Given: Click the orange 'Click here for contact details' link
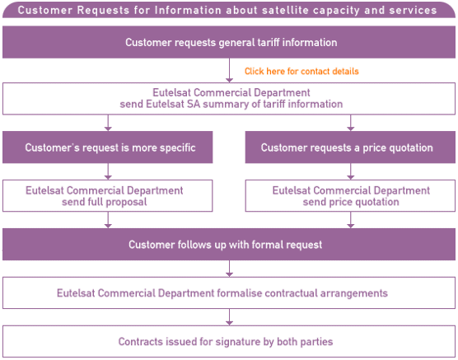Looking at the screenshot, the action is pyautogui.click(x=301, y=72).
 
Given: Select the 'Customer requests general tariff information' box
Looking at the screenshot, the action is pyautogui.click(x=229, y=42).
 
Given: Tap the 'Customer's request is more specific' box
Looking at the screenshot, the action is pyautogui.click(x=107, y=147).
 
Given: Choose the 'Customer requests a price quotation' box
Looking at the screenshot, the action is pyautogui.click(x=350, y=147).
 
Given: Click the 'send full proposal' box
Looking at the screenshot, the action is pyautogui.click(x=107, y=195).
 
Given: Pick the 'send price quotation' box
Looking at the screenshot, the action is pyautogui.click(x=350, y=195).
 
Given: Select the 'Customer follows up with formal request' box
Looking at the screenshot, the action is pyautogui.click(x=229, y=245).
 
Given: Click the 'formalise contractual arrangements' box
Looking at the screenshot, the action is pyautogui.click(x=229, y=292).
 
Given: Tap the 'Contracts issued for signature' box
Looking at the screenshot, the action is pyautogui.click(x=229, y=341).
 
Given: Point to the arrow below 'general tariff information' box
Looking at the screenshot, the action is pyautogui.click(x=229, y=70).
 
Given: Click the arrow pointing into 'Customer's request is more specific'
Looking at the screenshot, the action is pyautogui.click(x=108, y=123).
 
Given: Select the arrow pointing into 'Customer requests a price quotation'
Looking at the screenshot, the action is pyautogui.click(x=351, y=123).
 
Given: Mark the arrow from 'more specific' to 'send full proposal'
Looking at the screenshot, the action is pyautogui.click(x=108, y=171).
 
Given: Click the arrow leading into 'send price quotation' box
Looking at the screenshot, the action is pyautogui.click(x=351, y=171).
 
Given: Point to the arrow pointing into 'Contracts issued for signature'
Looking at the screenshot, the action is pyautogui.click(x=229, y=317).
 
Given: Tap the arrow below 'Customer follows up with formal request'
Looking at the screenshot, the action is pyautogui.click(x=229, y=269).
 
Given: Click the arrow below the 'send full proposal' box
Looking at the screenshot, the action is pyautogui.click(x=108, y=220).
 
